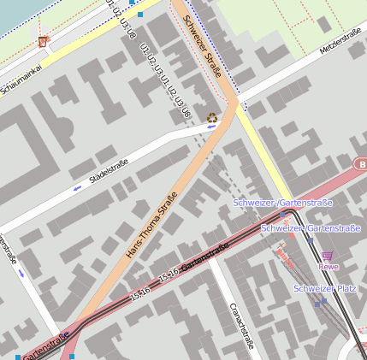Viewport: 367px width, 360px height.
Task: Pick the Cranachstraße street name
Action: [242, 326]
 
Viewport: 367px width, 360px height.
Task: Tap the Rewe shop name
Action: [329, 267]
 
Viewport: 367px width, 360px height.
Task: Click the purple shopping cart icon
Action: [327, 255]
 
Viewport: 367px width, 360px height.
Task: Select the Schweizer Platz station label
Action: [324, 289]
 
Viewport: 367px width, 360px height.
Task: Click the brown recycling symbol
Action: [212, 118]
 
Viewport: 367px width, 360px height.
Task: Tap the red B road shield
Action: [361, 163]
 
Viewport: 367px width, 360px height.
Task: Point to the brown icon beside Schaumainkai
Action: [44, 42]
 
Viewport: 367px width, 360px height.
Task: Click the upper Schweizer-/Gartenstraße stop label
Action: [282, 203]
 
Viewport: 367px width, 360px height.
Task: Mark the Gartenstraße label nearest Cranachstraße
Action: [203, 255]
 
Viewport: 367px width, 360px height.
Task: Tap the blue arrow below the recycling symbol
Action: [211, 128]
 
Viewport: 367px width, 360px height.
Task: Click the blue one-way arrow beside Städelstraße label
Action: [77, 186]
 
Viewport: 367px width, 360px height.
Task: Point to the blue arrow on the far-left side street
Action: [21, 273]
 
